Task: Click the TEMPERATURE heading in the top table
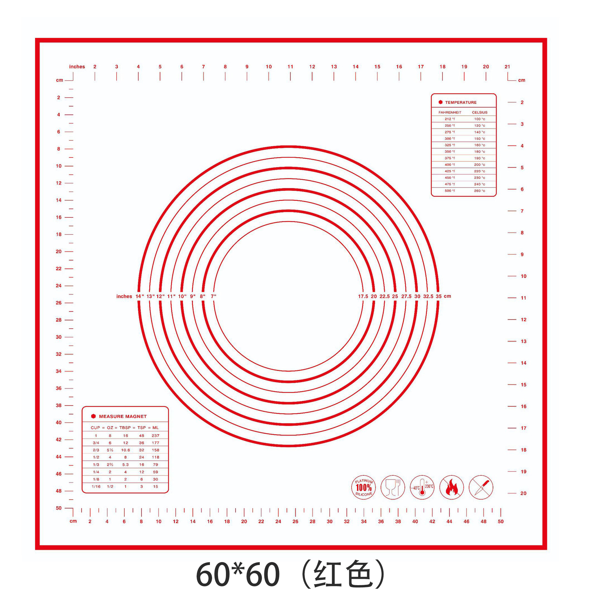[x=460, y=102]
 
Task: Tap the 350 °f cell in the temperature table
[x=450, y=152]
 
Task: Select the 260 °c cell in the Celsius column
[x=479, y=191]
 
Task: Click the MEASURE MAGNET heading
[x=123, y=416]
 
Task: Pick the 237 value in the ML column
[x=155, y=435]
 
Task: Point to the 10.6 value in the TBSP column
[x=125, y=450]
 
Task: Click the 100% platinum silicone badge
[x=363, y=487]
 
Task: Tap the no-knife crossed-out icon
[x=481, y=487]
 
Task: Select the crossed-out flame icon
[x=452, y=487]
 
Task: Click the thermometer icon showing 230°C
[x=422, y=487]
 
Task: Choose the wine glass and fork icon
[x=393, y=487]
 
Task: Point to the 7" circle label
[x=213, y=296]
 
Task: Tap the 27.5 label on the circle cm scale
[x=406, y=296]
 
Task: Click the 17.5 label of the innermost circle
[x=363, y=296]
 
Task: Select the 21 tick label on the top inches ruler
[x=507, y=66]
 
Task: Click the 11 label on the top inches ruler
[x=290, y=66]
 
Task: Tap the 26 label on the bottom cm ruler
[x=295, y=521]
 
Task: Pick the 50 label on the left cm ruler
[x=59, y=508]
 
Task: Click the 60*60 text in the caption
[x=238, y=574]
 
